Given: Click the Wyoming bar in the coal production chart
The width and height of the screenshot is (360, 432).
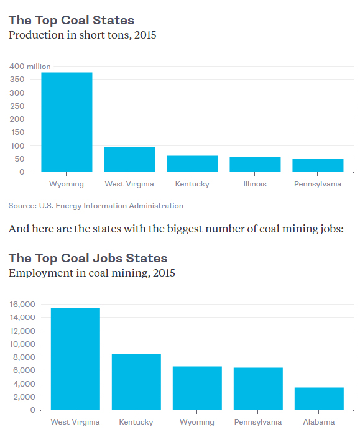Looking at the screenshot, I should point(67,122).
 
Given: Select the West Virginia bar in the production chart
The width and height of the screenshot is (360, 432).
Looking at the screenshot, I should point(129,159).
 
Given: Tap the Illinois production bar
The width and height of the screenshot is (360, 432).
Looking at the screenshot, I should point(255,164).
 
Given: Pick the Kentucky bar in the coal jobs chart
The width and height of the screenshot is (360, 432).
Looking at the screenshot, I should point(136,382).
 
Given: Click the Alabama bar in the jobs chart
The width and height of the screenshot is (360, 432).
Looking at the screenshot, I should point(318,398).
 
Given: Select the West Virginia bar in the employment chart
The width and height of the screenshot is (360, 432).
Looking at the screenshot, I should point(75,359).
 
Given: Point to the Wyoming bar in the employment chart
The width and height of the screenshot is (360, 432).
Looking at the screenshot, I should point(197,388).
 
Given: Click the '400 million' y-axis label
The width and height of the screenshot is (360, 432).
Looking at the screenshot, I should point(30,67).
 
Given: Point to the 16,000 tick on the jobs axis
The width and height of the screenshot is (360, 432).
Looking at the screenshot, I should point(22,305).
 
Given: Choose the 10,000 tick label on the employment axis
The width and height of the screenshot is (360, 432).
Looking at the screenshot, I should point(22,344).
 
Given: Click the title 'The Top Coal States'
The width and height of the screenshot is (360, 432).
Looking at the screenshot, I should point(71,21).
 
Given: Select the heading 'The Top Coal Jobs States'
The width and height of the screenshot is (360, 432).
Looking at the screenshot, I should point(88,258).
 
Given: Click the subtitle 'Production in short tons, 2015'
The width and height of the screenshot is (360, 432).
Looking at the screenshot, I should point(82,35).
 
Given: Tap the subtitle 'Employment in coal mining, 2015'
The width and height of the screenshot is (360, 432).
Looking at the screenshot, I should point(91,273).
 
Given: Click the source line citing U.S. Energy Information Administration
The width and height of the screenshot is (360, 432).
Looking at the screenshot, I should point(96,205).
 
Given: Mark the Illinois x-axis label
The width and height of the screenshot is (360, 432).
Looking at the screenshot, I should point(255,184).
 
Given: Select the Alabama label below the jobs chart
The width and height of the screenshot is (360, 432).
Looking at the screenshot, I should point(318,422).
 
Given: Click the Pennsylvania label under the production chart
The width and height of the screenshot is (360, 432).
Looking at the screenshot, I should point(318,184).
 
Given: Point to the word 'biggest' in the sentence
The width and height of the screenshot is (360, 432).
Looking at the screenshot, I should point(186,229).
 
